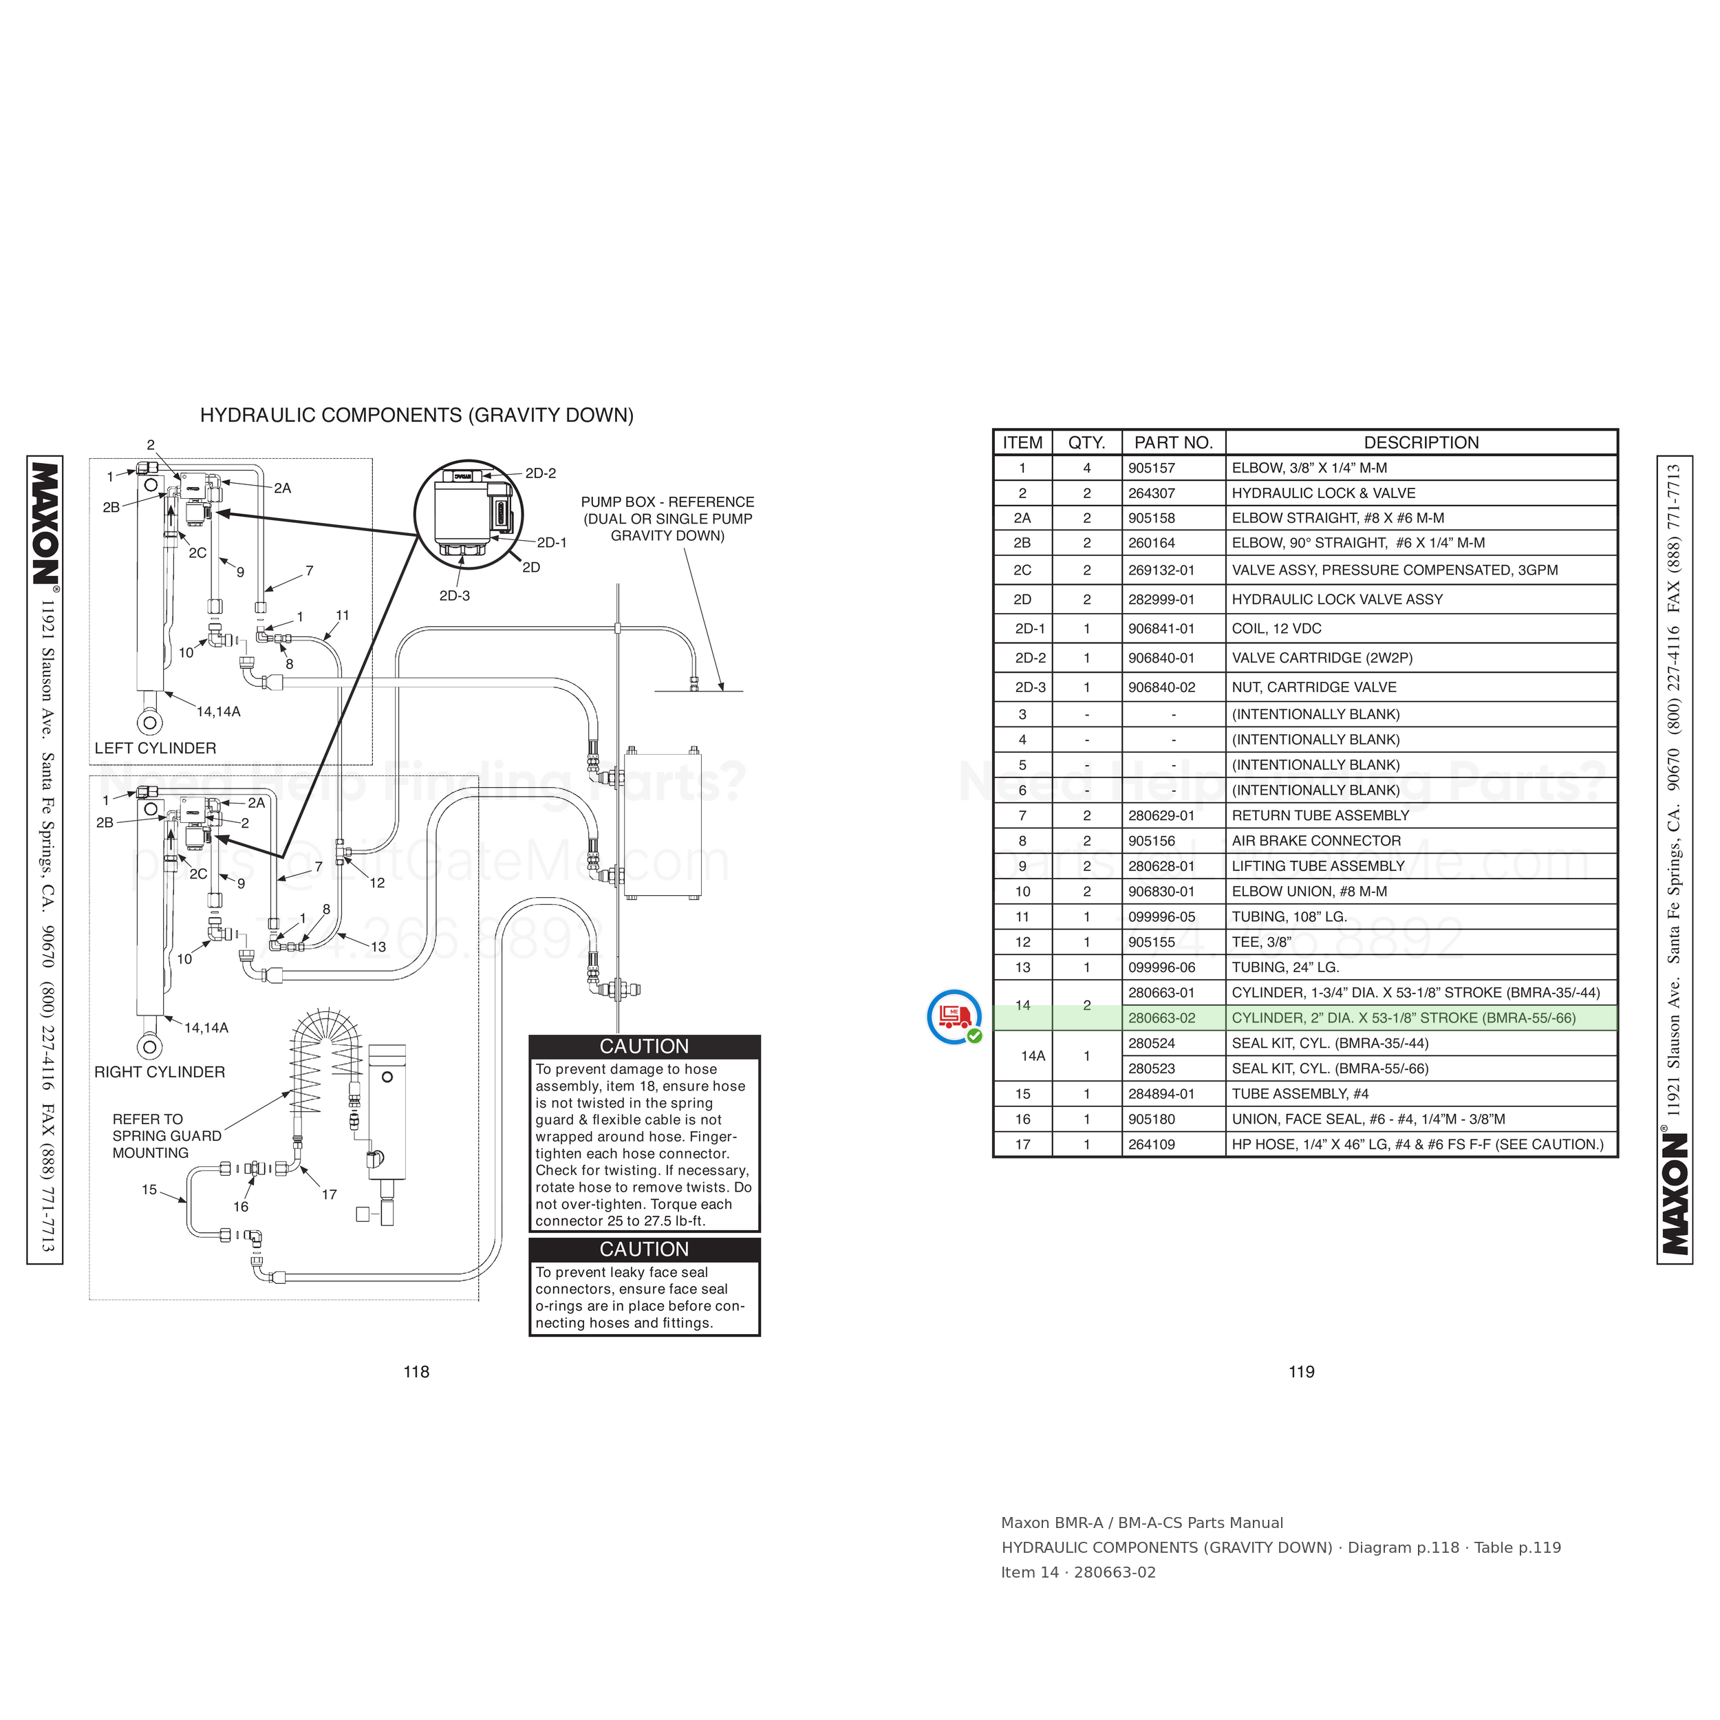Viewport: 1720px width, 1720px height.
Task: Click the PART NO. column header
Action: pos(1173,442)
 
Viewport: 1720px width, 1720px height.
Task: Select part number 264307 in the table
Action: pos(1152,493)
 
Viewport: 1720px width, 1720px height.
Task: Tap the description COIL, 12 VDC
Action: pos(1277,629)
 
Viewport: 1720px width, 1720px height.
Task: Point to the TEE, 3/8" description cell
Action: pos(1262,942)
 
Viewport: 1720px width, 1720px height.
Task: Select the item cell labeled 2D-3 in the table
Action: pos(1030,687)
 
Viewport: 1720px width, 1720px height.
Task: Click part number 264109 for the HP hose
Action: pos(1152,1144)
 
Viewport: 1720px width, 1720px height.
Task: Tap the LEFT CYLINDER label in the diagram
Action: pos(155,748)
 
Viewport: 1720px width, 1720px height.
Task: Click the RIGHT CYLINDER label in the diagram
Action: pos(160,1072)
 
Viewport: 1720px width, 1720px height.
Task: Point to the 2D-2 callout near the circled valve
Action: pos(540,473)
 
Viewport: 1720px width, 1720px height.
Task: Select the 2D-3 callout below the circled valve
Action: pos(454,596)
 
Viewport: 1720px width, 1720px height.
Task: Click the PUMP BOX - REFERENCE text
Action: pos(667,502)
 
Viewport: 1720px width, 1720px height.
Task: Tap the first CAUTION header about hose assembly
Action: pos(644,1046)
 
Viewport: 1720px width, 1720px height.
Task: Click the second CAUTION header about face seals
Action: pos(644,1249)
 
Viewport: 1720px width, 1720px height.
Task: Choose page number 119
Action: pos(1302,1372)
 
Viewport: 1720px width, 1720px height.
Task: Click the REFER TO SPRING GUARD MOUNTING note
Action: pos(166,1136)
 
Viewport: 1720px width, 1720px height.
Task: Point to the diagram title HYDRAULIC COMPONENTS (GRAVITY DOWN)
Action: pos(417,415)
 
